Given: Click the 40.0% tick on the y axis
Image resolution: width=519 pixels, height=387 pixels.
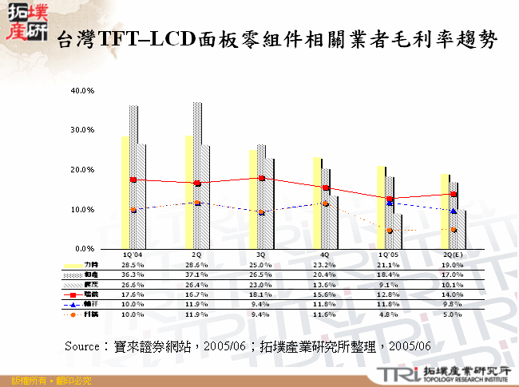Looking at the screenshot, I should tap(84, 90).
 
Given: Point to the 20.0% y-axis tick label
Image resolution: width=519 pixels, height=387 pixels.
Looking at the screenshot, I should tap(84, 170).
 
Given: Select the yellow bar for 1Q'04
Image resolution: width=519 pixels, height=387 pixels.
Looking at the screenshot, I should tap(125, 192).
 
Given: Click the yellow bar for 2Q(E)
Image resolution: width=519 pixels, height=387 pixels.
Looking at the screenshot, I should tap(444, 211).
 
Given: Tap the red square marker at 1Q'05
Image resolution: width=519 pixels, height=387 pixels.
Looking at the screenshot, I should tap(390, 199).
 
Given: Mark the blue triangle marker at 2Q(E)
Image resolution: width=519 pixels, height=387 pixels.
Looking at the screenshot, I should tap(454, 211).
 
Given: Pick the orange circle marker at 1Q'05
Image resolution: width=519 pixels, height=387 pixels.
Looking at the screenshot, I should tap(390, 231).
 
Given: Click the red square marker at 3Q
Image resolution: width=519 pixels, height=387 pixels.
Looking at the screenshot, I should tap(261, 178).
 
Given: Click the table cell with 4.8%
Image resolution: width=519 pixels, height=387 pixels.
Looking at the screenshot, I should tap(389, 314).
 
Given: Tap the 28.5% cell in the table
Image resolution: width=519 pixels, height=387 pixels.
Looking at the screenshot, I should tap(133, 263).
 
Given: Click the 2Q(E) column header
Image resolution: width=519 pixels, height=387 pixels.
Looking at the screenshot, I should tap(453, 254).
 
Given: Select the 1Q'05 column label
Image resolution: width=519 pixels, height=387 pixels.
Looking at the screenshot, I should tap(389, 254).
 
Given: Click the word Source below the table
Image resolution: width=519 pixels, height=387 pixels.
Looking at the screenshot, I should tap(81, 346).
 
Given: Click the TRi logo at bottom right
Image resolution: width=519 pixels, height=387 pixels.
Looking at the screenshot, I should tap(398, 374).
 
